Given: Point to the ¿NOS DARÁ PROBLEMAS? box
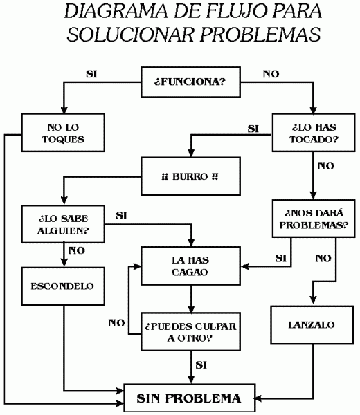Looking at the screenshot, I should (x=315, y=219).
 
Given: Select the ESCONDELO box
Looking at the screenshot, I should (x=63, y=286).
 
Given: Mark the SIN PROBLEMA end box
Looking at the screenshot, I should (x=189, y=398).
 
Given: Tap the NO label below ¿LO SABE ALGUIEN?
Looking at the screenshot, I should (x=78, y=250).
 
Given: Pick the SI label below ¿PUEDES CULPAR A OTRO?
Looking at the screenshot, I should (x=202, y=365).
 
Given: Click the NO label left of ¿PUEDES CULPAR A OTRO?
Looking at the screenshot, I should (x=116, y=323).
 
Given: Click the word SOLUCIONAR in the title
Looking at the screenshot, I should (x=127, y=35).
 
